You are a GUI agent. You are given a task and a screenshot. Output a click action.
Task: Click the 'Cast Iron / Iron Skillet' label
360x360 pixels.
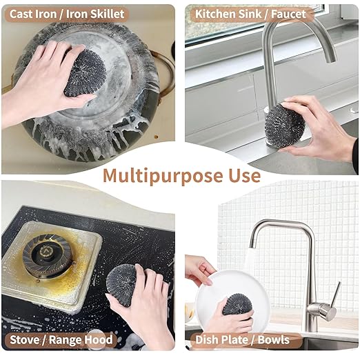(x=67, y=13)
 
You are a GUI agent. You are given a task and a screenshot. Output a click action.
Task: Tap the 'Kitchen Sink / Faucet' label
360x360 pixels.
(x=250, y=13)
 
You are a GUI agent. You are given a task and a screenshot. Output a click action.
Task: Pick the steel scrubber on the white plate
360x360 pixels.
(x=237, y=304)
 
